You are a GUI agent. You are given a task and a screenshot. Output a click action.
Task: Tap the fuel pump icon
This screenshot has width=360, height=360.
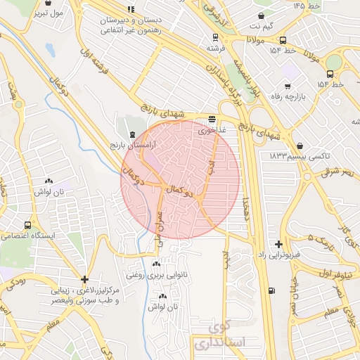pyautogui.click(x=271, y=290)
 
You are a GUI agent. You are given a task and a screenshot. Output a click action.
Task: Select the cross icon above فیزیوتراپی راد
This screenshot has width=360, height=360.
pyautogui.click(x=280, y=243)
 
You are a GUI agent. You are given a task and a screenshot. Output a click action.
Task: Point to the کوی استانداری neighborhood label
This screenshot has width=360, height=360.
pyautogui.click(x=217, y=335)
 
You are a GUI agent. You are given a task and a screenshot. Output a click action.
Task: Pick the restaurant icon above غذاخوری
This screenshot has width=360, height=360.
pyautogui.click(x=212, y=119)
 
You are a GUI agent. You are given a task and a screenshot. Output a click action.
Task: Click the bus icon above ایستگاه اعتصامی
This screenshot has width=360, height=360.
pyautogui.click(x=27, y=226)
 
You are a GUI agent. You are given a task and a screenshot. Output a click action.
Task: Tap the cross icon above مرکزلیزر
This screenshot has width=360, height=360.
pyautogui.click(x=84, y=279)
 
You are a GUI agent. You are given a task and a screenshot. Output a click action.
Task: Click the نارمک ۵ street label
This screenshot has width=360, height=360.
pyautogui.click(x=320, y=239)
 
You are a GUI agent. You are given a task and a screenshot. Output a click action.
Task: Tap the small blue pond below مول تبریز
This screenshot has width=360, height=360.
pyautogui.click(x=49, y=49)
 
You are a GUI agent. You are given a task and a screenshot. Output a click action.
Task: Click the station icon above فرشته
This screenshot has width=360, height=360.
pyautogui.click(x=212, y=38)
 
